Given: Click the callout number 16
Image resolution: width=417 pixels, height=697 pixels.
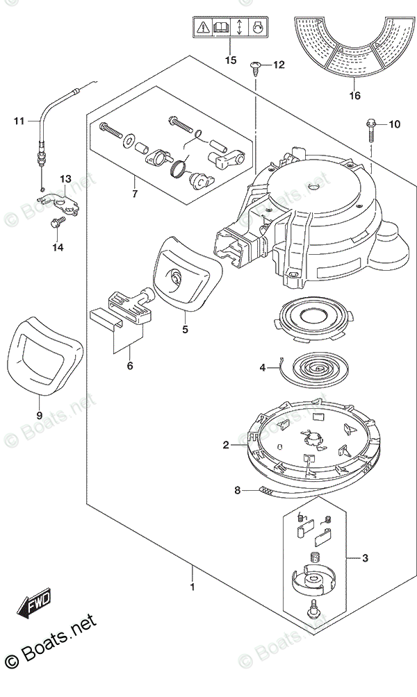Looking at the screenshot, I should [x=355, y=96].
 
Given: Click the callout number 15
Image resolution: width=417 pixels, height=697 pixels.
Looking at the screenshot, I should [x=231, y=60].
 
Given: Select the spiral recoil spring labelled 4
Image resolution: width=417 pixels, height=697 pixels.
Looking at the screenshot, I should [x=308, y=365].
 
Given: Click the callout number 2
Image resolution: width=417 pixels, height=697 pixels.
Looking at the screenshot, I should [x=227, y=445].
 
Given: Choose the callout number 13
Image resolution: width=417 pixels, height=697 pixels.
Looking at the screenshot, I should [x=64, y=179].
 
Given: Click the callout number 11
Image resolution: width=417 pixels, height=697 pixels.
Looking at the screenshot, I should [x=19, y=121].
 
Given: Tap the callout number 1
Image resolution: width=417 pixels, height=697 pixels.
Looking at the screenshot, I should [x=192, y=587].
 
